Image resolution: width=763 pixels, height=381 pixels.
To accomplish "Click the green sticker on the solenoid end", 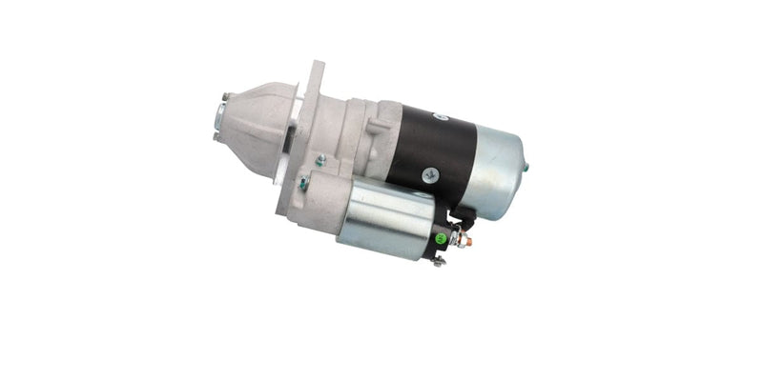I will (441, 238).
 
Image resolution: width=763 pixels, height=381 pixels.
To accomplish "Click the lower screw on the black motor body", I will (430, 175).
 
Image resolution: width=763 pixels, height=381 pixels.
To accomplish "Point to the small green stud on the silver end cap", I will (526, 168).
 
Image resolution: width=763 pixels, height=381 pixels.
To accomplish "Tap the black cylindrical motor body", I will (434, 148).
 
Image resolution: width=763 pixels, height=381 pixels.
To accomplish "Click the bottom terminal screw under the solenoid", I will (438, 260).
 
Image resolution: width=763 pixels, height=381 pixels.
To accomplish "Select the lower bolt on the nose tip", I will (217, 136).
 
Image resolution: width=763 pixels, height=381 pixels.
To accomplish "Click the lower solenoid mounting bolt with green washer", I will (303, 184).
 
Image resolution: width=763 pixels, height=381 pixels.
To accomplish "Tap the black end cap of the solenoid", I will (442, 233).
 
